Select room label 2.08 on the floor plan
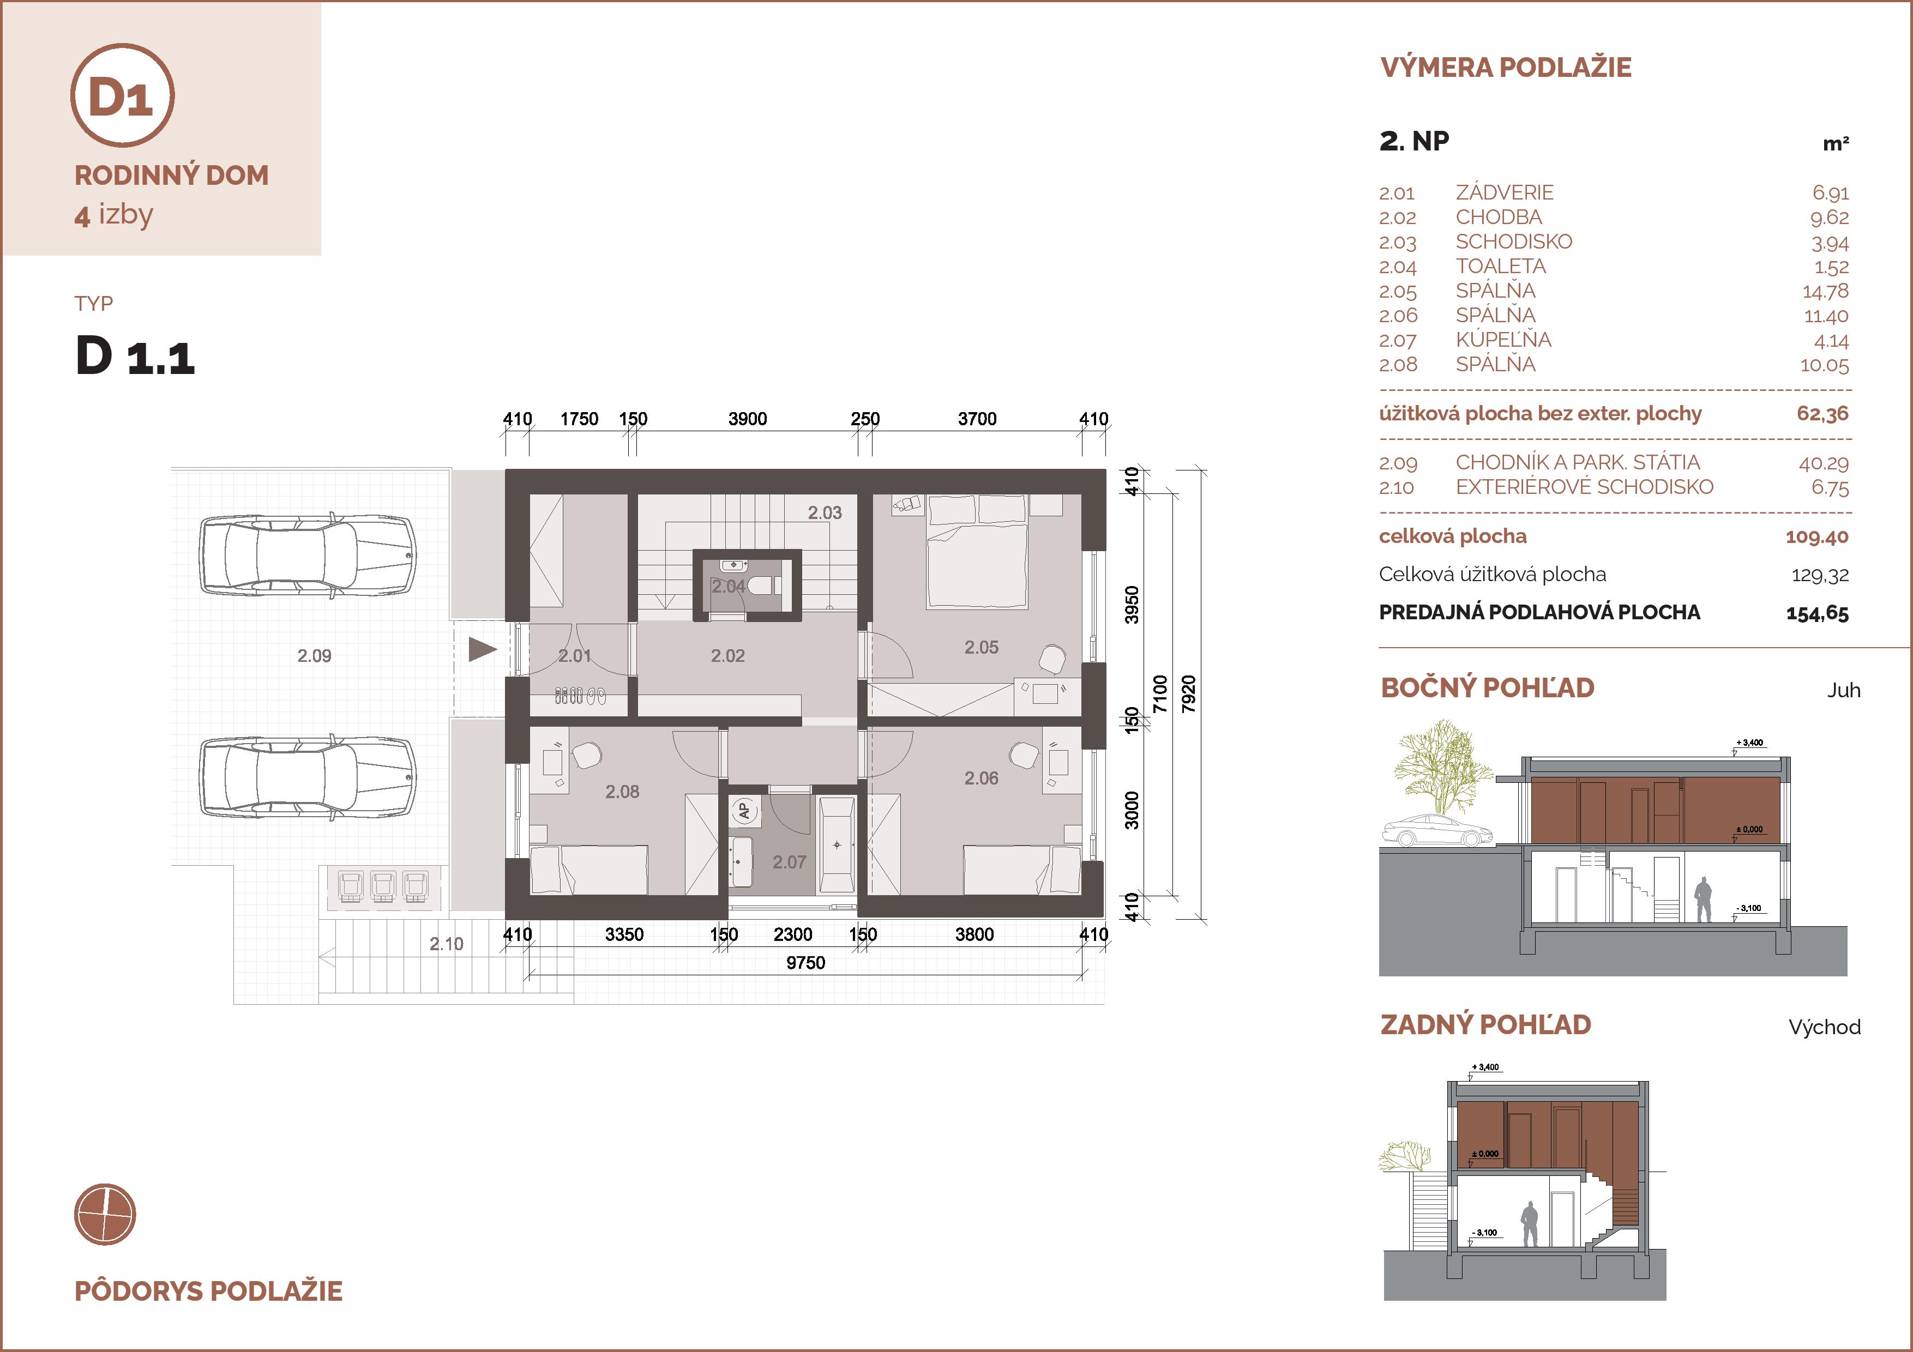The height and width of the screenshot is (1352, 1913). pyautogui.click(x=622, y=792)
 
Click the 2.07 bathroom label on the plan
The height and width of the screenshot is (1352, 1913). pyautogui.click(x=789, y=862)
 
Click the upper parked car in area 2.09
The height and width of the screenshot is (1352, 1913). pyautogui.click(x=306, y=555)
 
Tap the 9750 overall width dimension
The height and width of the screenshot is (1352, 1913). pyautogui.click(x=805, y=963)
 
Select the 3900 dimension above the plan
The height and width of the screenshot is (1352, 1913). pyautogui.click(x=748, y=419)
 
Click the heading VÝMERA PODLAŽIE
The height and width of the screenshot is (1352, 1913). pyautogui.click(x=1506, y=68)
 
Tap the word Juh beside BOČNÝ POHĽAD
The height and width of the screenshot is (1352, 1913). pyautogui.click(x=1843, y=691)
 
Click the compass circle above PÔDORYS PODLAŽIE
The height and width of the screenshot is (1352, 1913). pyautogui.click(x=105, y=1214)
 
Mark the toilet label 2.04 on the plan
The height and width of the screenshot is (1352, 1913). pyautogui.click(x=727, y=587)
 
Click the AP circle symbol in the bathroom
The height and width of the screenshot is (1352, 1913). pyautogui.click(x=744, y=810)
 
